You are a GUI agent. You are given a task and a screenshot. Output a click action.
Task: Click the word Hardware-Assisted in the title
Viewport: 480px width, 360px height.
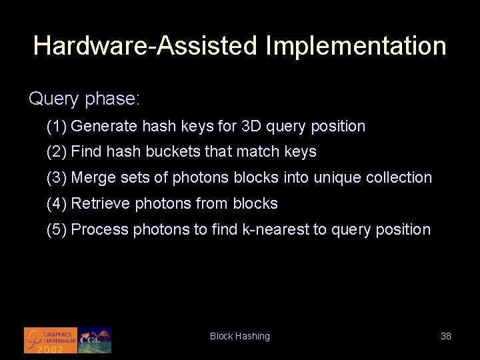click(145, 46)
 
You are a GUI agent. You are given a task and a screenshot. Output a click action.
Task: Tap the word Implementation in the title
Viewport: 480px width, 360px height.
click(355, 46)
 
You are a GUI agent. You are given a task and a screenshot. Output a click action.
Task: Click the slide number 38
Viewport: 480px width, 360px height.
click(446, 336)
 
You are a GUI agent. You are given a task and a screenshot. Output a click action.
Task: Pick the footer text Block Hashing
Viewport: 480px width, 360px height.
click(240, 336)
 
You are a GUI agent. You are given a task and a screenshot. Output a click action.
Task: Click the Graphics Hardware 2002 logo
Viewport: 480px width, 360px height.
click(51, 340)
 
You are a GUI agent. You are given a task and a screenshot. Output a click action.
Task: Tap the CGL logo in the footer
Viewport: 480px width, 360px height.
click(95, 340)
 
